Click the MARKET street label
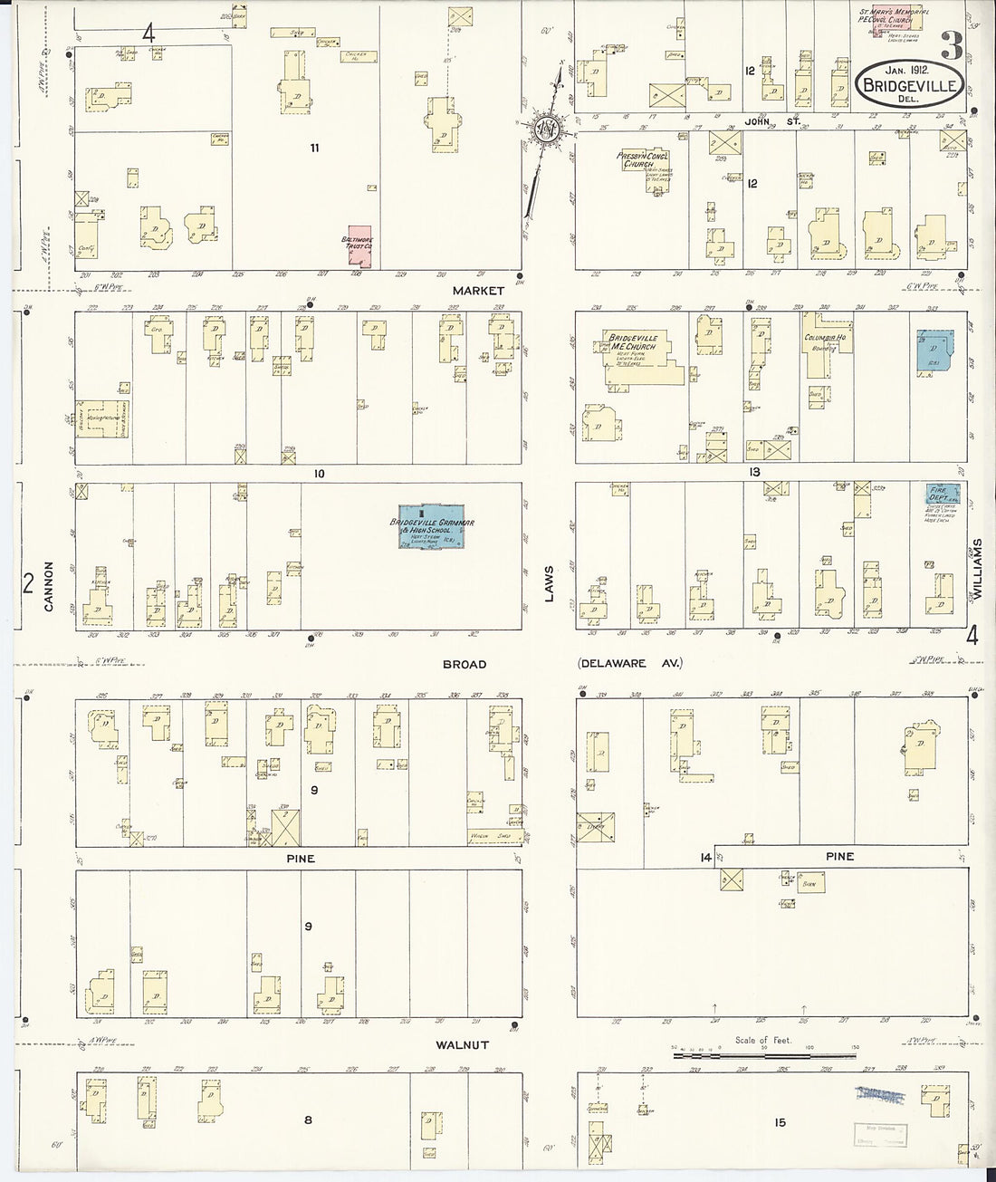point(479,291)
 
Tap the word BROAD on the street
point(464,664)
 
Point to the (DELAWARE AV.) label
point(629,664)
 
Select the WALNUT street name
point(463,1044)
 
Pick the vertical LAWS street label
point(548,577)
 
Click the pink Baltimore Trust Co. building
point(361,245)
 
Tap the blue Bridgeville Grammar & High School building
point(433,525)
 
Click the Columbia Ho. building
point(821,343)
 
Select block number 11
point(314,147)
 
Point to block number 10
point(319,473)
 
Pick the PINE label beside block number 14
point(839,856)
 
